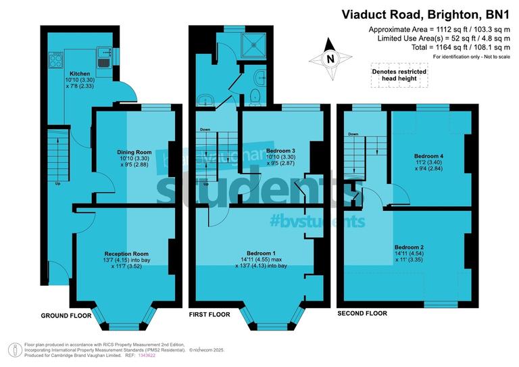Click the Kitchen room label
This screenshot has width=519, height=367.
[x=80, y=73]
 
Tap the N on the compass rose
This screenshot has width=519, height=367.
[x=330, y=59]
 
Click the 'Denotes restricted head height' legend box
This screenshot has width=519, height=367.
[x=399, y=75]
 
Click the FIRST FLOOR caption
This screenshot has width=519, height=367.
[x=209, y=314]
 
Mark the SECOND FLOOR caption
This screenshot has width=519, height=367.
[x=362, y=313]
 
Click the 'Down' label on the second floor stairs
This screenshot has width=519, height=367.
[x=353, y=134]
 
